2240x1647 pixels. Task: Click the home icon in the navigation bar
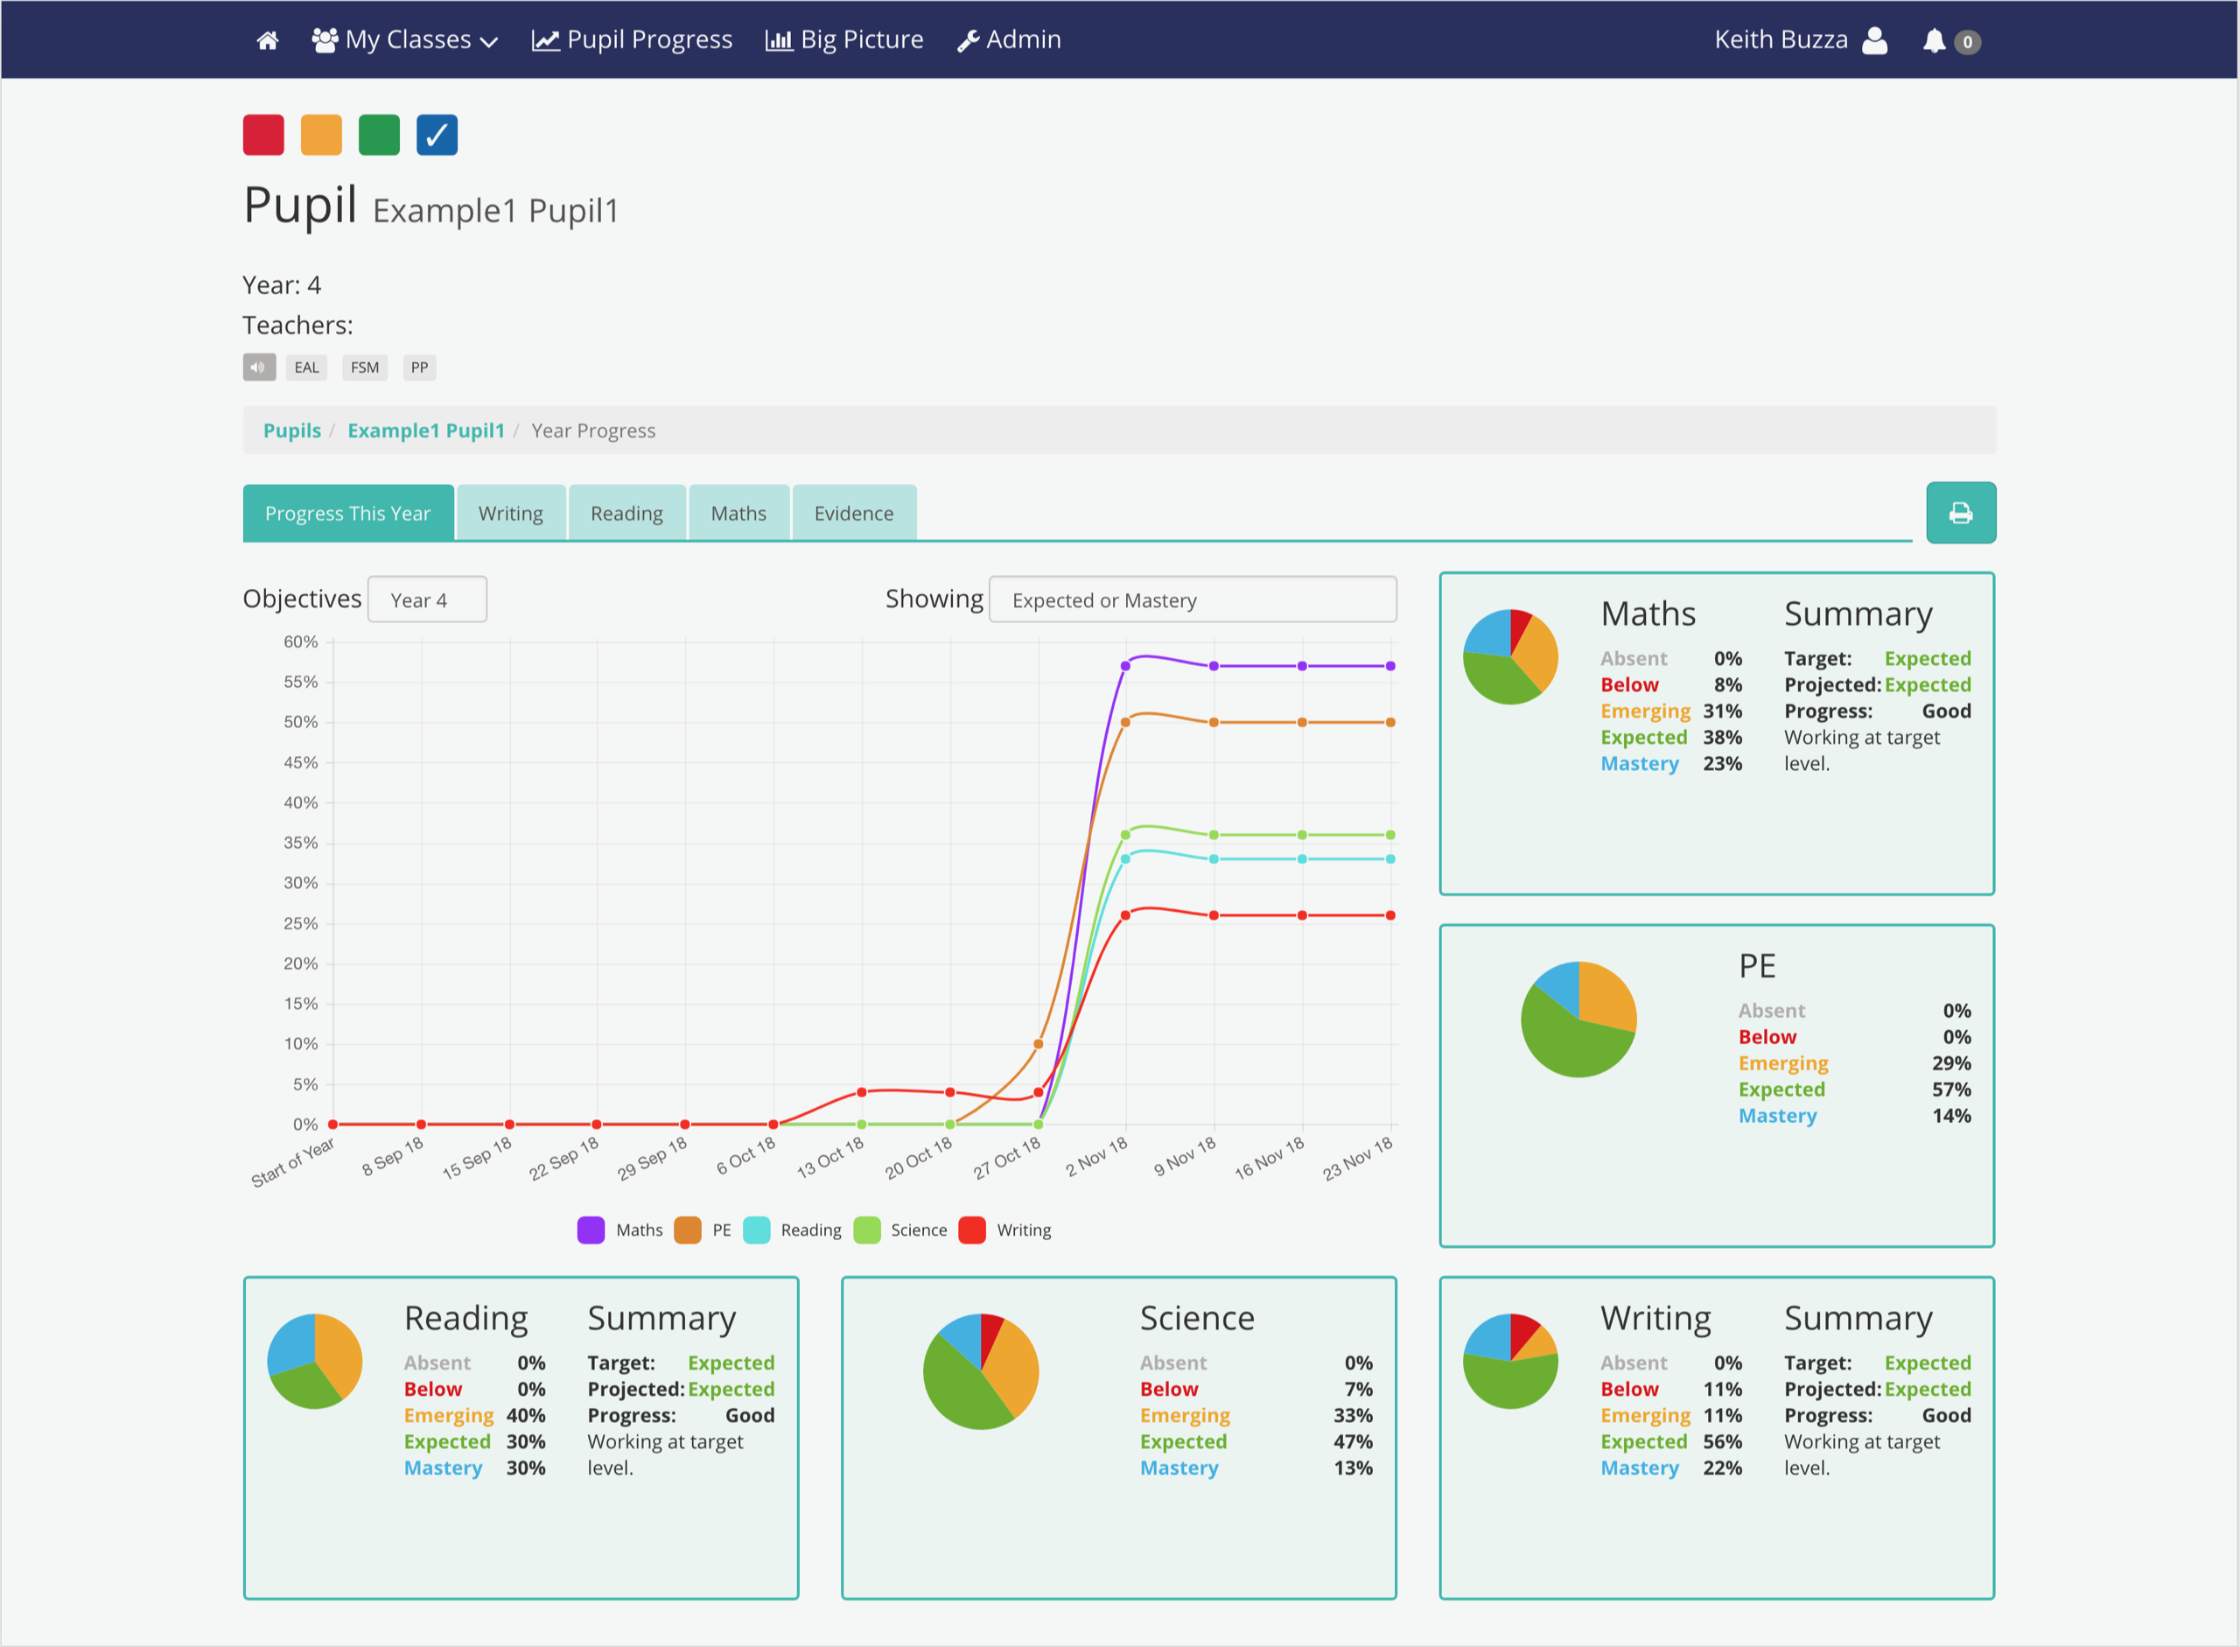(267, 41)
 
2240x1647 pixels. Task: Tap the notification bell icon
(1933, 41)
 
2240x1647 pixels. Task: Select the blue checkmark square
(437, 136)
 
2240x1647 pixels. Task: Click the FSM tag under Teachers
(364, 368)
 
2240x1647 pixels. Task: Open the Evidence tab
(853, 514)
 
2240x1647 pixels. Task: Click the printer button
(1960, 514)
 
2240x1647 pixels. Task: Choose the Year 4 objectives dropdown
(427, 600)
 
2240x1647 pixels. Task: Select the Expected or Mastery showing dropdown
(1193, 600)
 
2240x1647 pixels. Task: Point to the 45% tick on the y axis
(300, 763)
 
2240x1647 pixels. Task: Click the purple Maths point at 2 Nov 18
(1125, 666)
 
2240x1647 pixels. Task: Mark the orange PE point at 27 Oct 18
(1038, 1044)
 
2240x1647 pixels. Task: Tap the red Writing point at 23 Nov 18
(1389, 915)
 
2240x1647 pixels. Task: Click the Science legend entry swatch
(867, 1230)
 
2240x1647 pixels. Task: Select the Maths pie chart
(1509, 657)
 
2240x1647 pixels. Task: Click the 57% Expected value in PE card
(1951, 1090)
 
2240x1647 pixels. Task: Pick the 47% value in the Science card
(1353, 1441)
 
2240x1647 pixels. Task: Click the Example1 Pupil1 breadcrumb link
(425, 431)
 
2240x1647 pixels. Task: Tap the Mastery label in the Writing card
(1639, 1468)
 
